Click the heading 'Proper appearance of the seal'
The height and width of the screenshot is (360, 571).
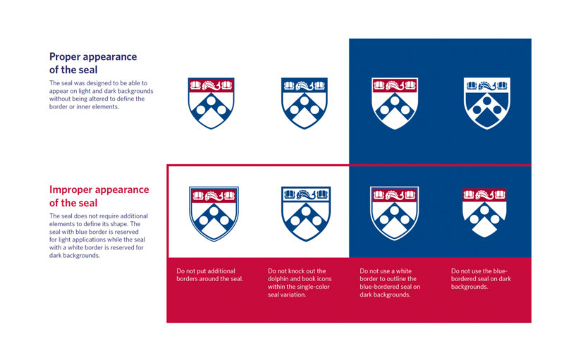[93, 63]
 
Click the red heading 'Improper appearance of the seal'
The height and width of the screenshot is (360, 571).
[99, 196]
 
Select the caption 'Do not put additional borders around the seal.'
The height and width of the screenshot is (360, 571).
[209, 275]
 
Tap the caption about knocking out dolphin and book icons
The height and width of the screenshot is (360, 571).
[300, 283]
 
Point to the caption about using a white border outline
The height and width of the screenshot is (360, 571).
[390, 283]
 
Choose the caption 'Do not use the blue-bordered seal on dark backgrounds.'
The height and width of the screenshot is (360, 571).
[481, 279]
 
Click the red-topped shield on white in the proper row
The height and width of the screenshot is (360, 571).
[211, 103]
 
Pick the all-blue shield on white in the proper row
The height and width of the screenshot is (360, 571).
[305, 103]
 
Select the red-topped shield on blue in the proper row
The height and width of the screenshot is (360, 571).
[395, 103]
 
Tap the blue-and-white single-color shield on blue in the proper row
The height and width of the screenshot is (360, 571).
[487, 103]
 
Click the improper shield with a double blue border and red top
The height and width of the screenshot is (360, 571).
[214, 213]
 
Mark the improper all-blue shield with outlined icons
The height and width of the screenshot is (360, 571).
[306, 213]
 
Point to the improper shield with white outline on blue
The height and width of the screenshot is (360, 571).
[394, 213]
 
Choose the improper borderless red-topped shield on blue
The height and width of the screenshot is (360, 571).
[484, 213]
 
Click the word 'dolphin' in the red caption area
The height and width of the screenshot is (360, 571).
[278, 279]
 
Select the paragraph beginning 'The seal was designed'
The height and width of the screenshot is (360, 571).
[102, 94]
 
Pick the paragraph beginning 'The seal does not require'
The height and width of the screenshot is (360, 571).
[99, 235]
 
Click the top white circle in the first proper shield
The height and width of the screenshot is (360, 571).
[211, 100]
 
